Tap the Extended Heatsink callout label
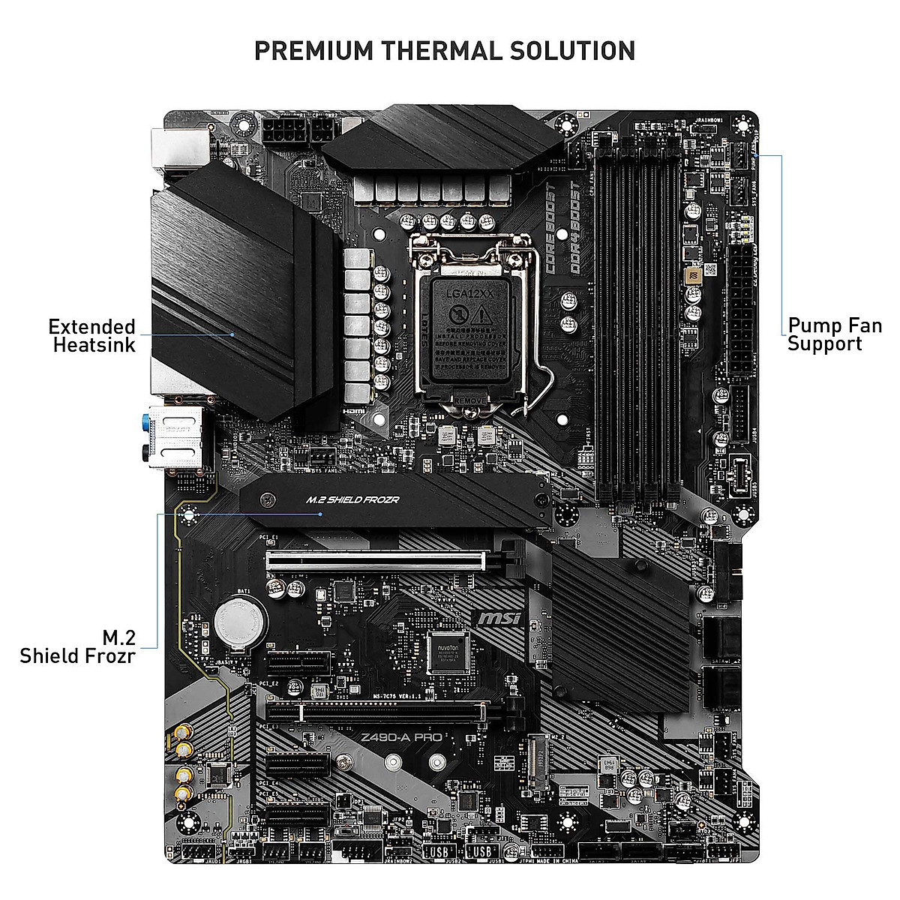(92, 335)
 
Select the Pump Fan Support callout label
(835, 335)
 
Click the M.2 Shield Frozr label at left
(77, 646)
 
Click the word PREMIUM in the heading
(313, 51)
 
